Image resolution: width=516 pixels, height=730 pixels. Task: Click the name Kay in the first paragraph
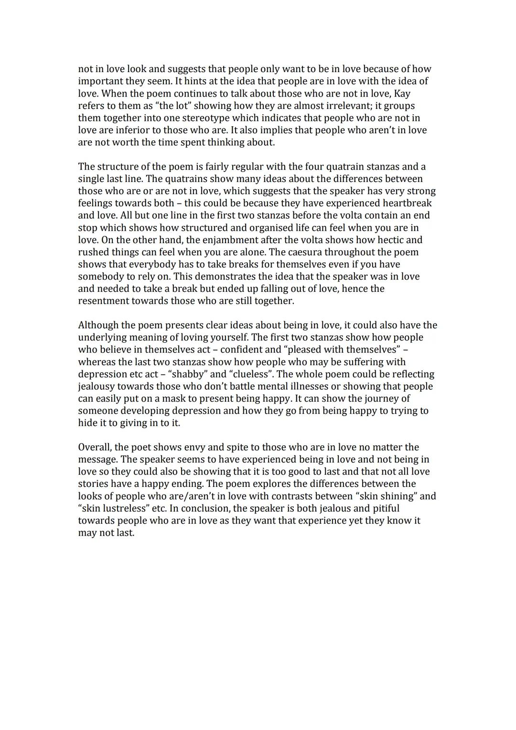point(402,93)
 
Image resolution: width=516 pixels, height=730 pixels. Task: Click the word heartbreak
point(407,203)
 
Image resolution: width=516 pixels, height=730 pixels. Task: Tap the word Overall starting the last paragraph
point(95,447)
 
